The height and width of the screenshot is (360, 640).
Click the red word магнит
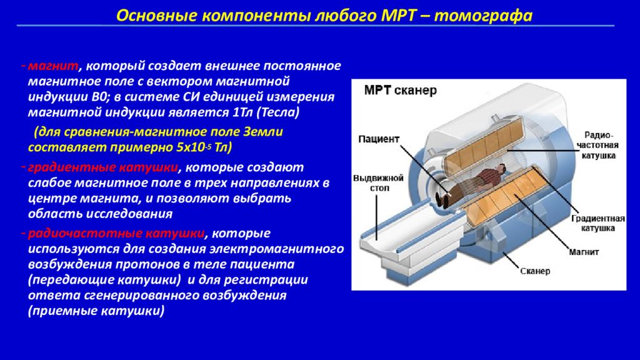53,66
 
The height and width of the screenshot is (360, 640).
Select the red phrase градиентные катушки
103,167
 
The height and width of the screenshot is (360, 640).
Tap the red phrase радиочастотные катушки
116,234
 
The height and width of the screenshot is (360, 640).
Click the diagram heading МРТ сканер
400,91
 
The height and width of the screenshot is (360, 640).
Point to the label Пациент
378,139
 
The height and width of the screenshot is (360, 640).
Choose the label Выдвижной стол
378,183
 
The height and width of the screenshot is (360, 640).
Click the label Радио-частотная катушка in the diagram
599,145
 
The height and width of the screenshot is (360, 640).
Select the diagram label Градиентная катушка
598,223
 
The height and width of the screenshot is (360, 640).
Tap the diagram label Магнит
584,252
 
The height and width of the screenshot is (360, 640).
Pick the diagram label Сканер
535,271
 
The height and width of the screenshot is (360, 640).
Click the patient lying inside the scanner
474,182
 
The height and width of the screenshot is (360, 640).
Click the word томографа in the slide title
483,16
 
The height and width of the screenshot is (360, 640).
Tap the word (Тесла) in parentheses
277,112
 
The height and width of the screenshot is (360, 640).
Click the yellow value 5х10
191,147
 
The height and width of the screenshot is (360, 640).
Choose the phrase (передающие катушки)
104,280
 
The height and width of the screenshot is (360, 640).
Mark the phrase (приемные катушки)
96,311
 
